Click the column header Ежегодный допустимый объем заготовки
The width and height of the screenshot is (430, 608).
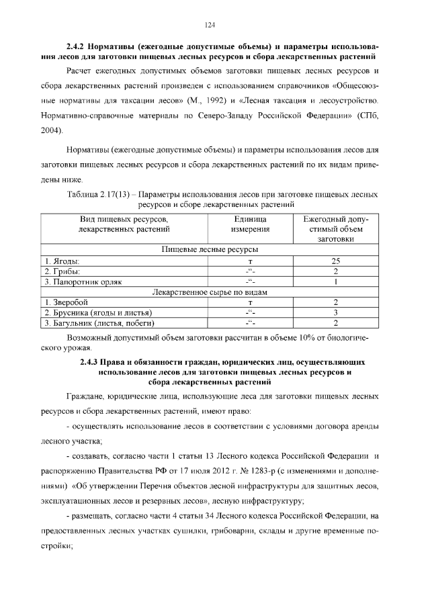(335, 229)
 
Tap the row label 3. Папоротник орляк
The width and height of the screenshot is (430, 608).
(84, 281)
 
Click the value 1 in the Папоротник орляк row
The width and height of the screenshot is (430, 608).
(335, 281)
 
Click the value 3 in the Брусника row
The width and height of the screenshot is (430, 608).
(335, 312)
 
